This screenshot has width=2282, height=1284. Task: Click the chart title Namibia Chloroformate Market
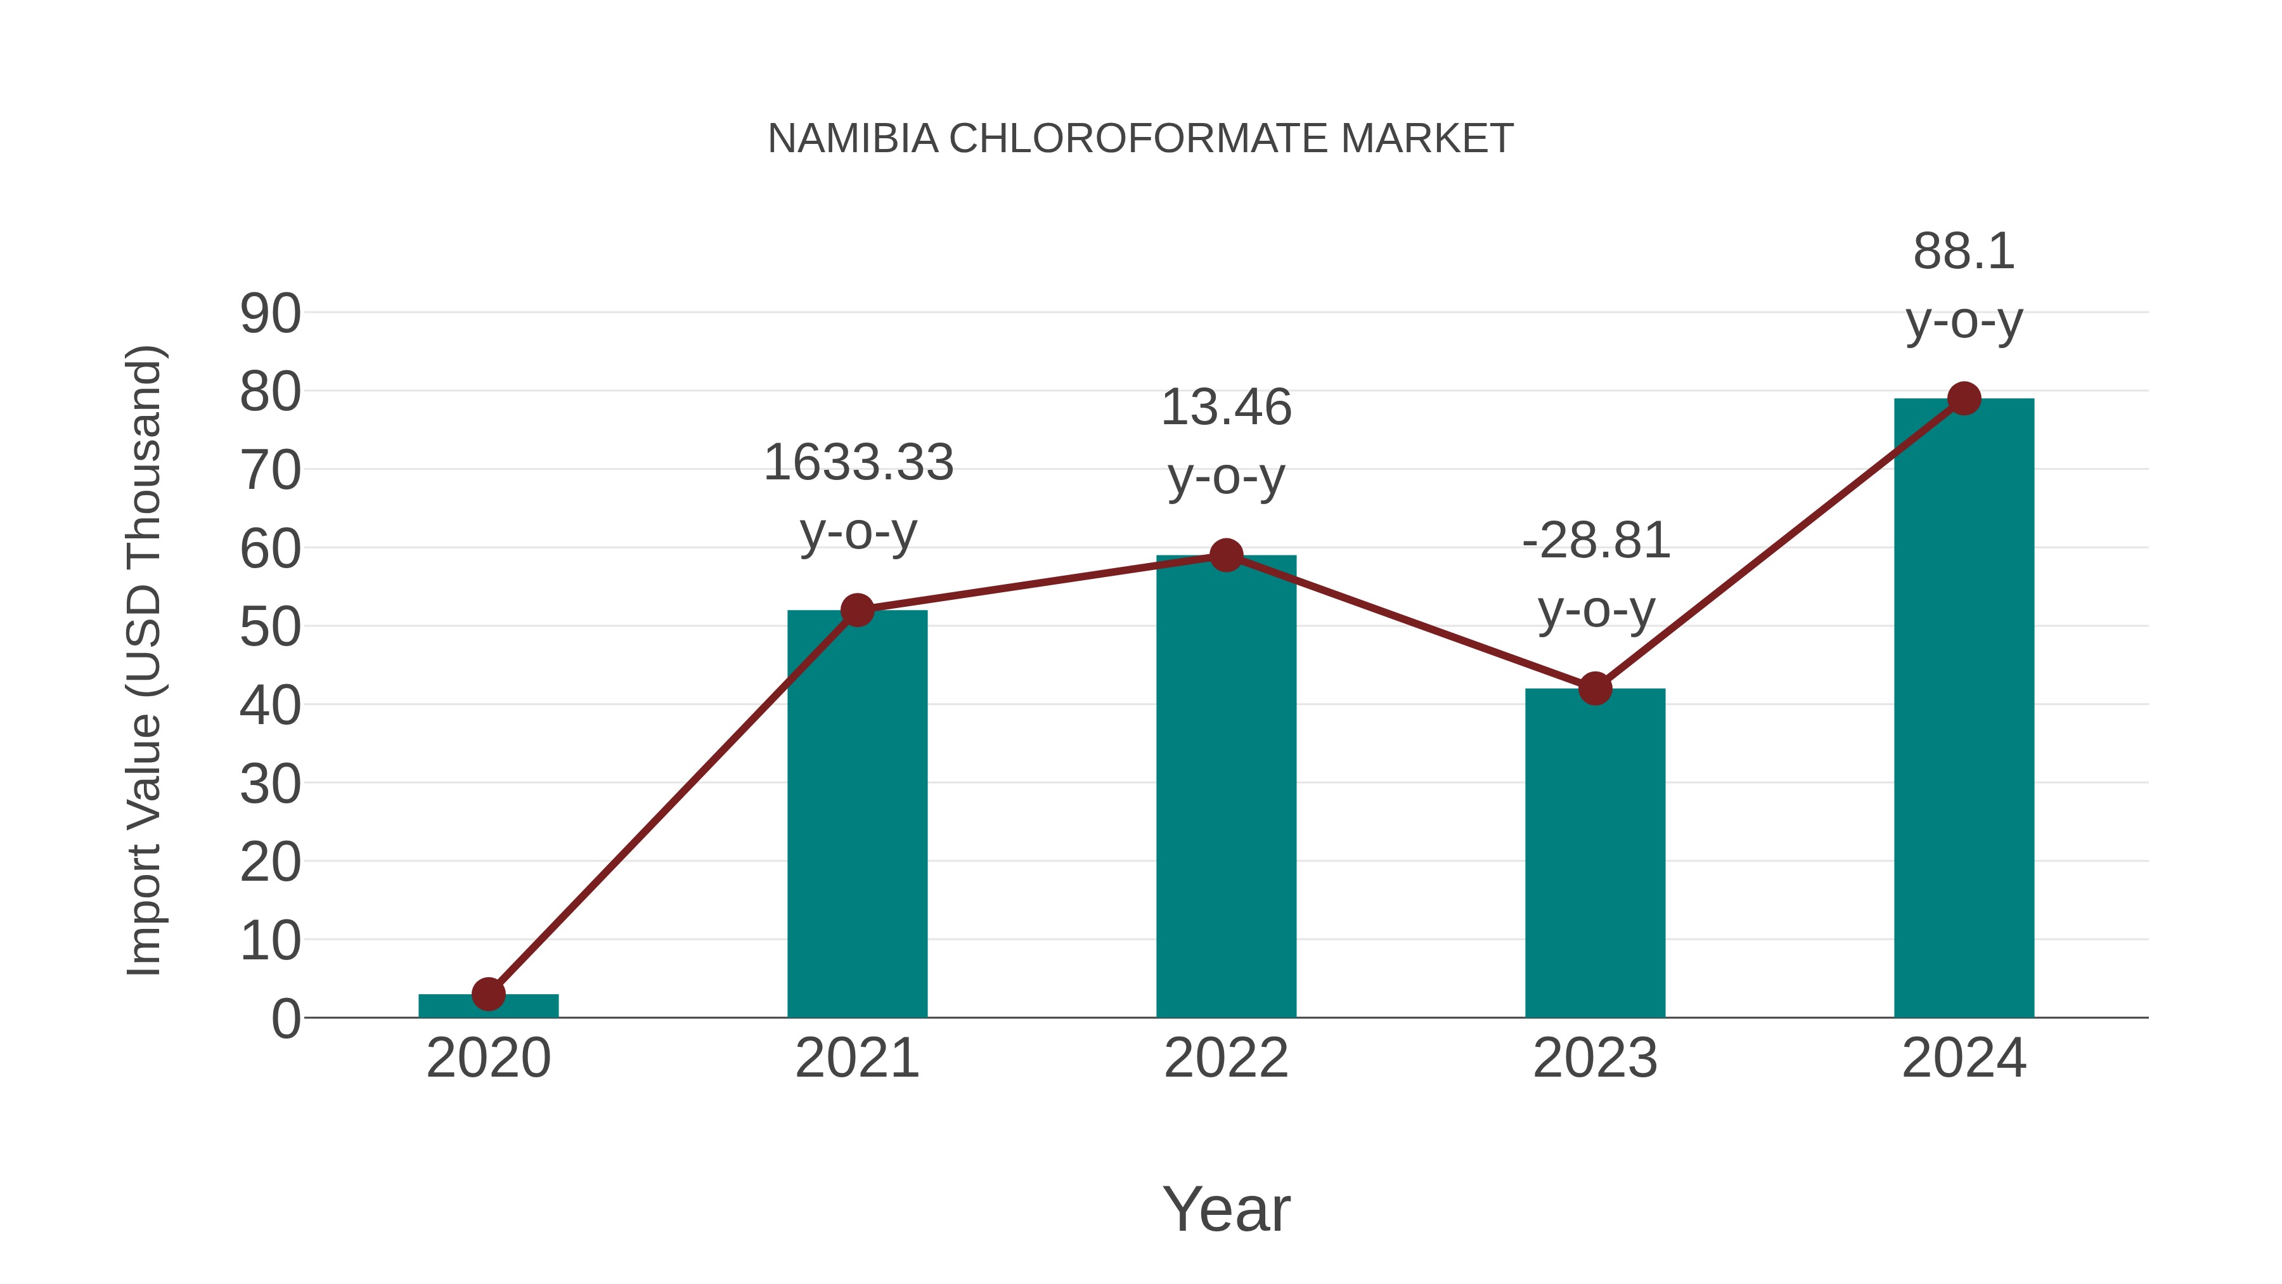point(1140,139)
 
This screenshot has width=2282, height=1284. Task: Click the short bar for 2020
point(488,1007)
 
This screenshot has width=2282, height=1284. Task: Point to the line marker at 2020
point(488,994)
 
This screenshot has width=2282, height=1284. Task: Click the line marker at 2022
point(1226,555)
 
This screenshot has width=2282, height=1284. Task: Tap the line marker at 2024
point(1964,399)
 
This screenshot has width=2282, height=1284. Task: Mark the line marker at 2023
point(1595,689)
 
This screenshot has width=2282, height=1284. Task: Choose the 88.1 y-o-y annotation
point(1964,285)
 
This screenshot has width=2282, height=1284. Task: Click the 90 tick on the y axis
point(270,314)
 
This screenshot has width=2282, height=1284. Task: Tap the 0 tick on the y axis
point(285,1018)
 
